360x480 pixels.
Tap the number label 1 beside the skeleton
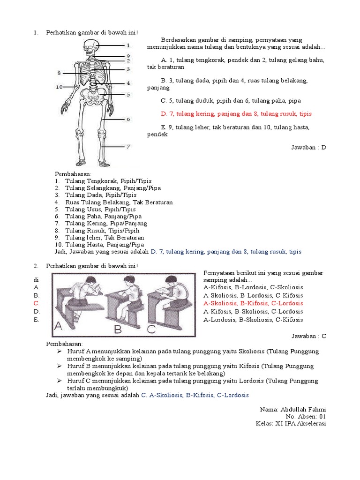coord(128,45)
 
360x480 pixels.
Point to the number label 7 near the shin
coord(128,147)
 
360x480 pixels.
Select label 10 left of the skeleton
coord(59,87)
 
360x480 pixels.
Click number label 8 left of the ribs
coord(59,73)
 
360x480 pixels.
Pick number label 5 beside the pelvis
coord(128,94)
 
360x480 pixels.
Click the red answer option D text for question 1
coord(236,114)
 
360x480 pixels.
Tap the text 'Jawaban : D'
coord(308,147)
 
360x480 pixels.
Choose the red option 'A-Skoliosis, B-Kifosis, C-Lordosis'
coord(253,303)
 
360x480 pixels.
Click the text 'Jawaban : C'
coord(308,336)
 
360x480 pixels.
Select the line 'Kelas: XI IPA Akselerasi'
coord(291,423)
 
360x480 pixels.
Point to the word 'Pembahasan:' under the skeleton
coord(70,174)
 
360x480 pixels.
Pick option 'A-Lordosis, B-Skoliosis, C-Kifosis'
coord(253,320)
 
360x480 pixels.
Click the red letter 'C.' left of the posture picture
coord(36,303)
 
